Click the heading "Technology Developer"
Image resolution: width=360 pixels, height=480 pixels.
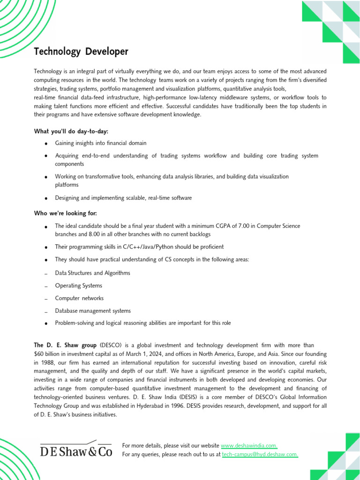[81, 52]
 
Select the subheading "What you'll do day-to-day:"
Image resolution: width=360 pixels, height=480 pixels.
[67, 131]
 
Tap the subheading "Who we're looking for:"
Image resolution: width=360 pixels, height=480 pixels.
[65, 213]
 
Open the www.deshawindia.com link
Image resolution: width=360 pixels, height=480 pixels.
[249, 446]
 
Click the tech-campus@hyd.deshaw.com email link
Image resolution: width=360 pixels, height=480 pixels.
[260, 454]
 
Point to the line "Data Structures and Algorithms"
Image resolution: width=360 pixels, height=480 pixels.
[92, 273]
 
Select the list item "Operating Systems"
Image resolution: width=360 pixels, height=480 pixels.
[78, 285]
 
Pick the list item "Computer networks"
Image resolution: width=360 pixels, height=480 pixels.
[79, 298]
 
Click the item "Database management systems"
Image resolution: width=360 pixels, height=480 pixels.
[93, 311]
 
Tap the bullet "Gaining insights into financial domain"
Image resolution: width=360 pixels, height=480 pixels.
[100, 143]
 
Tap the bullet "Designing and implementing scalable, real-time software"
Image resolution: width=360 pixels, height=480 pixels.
[123, 198]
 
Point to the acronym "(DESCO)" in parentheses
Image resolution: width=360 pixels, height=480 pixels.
[111, 345]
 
